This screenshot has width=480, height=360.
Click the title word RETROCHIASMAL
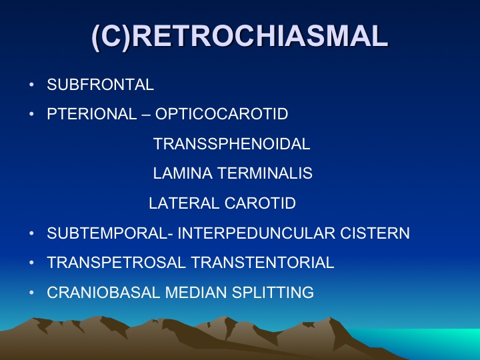click(259, 36)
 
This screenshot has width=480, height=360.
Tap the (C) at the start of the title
click(111, 37)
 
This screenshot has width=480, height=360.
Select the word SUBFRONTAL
click(100, 85)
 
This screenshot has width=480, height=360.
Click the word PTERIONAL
click(91, 114)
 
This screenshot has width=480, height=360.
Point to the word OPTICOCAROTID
click(221, 114)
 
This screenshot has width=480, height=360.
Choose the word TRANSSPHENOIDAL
click(232, 144)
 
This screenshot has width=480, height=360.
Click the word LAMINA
click(183, 173)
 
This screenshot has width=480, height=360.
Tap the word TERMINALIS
click(265, 173)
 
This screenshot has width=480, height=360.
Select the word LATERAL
click(184, 203)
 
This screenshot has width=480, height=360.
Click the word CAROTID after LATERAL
click(260, 203)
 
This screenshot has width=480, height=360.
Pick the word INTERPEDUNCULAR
click(257, 233)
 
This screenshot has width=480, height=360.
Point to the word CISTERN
click(375, 233)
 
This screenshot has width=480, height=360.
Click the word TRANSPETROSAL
click(116, 263)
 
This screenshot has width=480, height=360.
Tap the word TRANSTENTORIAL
click(263, 263)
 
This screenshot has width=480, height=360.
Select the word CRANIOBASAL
click(103, 293)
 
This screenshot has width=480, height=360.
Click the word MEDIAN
click(196, 293)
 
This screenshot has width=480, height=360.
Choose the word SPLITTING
click(273, 293)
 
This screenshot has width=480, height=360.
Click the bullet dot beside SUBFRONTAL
click(31, 85)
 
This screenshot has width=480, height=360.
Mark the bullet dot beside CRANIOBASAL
click(31, 293)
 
